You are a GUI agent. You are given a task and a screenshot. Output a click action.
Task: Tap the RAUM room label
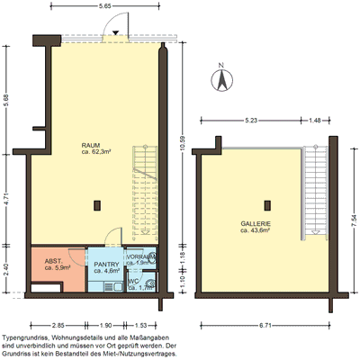pos(90,144)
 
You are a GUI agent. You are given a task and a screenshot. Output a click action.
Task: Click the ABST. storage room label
pos(53,264)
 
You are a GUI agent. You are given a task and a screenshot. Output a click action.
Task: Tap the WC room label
pos(133,281)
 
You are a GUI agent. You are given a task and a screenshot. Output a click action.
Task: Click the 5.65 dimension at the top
pos(104,6)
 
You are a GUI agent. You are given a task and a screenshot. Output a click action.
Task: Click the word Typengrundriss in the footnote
pos(26,333)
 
